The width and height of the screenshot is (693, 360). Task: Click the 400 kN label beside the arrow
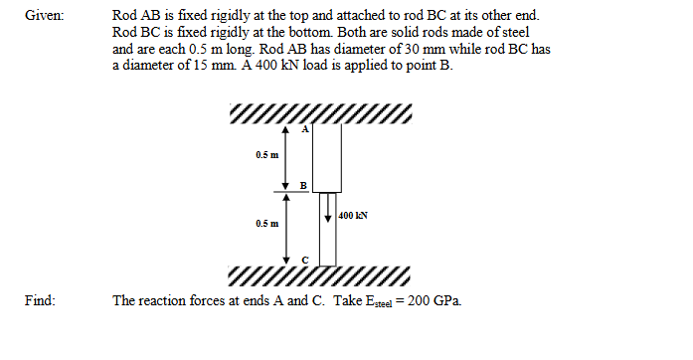coord(354,214)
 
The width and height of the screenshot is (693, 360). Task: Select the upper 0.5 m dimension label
coord(266,156)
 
